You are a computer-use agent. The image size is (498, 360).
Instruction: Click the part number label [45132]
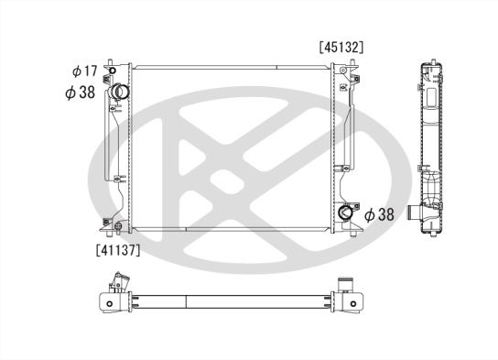341,48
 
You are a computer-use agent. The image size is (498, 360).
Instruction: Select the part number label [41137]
118,250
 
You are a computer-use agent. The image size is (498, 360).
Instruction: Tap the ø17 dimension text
84,71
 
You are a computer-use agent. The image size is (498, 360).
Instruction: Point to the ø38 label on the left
80,93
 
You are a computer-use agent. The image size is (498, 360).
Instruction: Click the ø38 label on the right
379,214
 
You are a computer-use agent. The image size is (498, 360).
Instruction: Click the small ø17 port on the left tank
112,71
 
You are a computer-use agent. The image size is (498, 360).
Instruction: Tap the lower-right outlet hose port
345,213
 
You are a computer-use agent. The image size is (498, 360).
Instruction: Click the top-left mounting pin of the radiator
110,61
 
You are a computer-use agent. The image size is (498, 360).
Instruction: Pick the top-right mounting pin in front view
352,62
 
